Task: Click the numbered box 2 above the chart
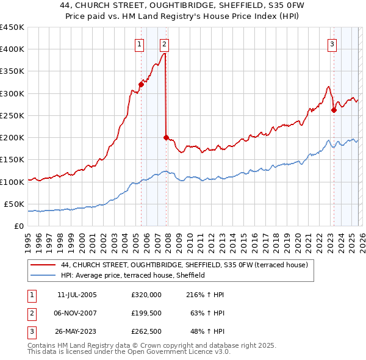[165, 43]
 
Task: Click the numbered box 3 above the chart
[332, 43]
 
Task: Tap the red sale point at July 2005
[141, 84]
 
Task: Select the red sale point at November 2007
[166, 137]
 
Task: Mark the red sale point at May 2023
[334, 110]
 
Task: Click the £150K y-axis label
[12, 159]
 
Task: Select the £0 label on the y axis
[20, 226]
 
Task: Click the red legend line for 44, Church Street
[44, 265]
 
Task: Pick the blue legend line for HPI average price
[44, 276]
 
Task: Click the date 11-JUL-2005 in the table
[77, 295]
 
